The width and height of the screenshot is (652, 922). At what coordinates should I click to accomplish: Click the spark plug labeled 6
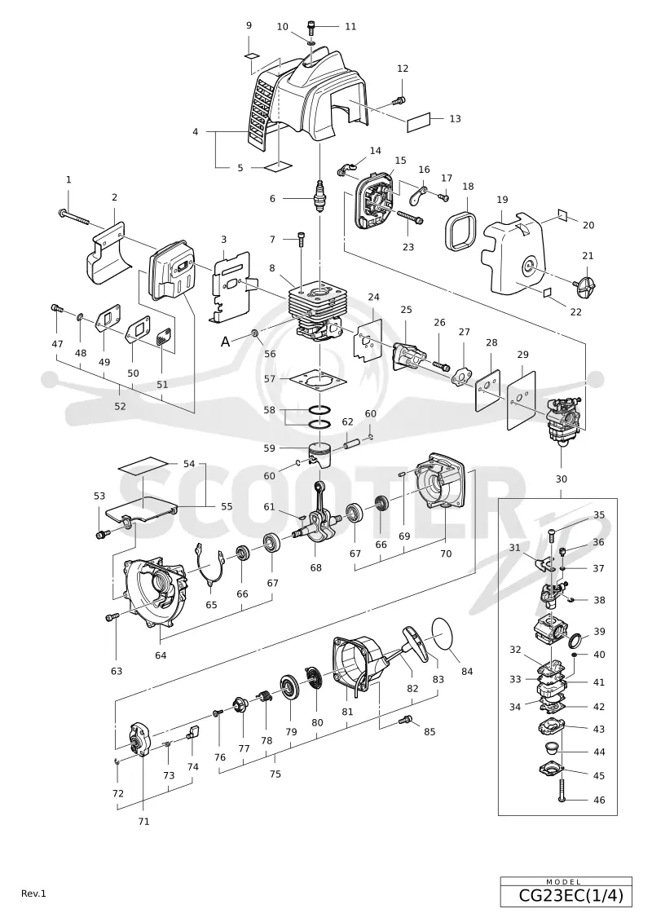coord(320,198)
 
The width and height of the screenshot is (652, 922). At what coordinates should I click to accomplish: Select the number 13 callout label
coord(455,119)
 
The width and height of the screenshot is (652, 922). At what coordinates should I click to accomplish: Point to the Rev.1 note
coord(33,893)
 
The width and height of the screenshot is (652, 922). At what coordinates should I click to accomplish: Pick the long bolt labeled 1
coord(73,217)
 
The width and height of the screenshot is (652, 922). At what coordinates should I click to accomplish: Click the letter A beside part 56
coord(225,342)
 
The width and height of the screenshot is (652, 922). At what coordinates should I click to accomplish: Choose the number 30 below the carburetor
coord(562,479)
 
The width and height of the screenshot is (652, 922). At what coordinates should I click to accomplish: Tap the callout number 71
coord(143,822)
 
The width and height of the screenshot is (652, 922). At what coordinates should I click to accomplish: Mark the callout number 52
coord(120,406)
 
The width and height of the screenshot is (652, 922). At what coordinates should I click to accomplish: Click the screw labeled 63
coord(112,616)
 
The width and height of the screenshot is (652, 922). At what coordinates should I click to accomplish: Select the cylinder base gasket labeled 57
coord(316,380)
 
